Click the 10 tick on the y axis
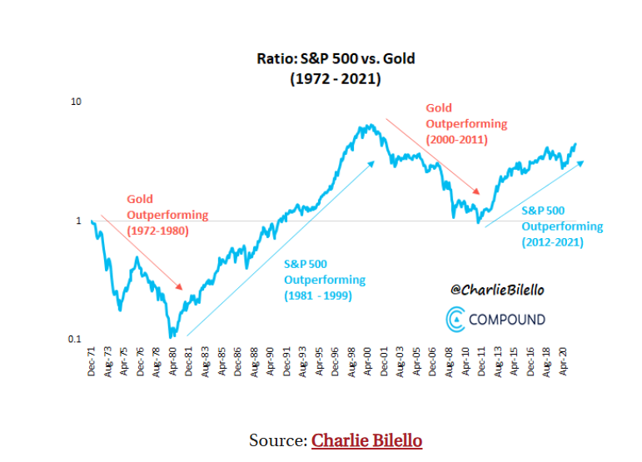76,102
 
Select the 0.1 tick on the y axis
74,340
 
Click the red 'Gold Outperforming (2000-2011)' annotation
465,124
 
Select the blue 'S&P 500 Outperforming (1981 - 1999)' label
325,280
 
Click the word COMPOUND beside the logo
507,319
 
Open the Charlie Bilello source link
366,440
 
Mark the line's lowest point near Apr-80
172,335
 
